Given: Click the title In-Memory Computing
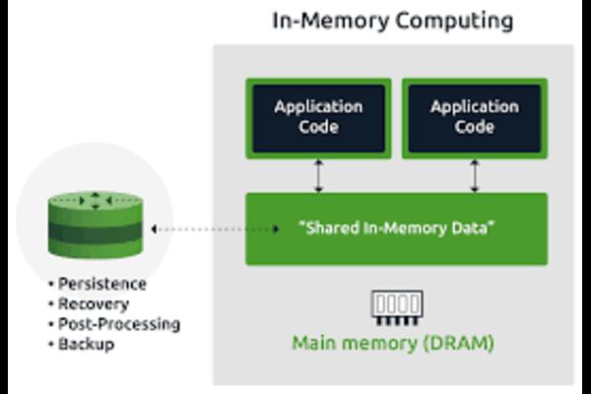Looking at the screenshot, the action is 393,21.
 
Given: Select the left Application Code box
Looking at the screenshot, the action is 318,118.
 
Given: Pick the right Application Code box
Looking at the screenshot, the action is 475,118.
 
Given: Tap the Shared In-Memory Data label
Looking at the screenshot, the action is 396,229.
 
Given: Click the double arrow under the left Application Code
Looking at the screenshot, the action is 319,175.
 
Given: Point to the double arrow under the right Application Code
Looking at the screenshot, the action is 475,175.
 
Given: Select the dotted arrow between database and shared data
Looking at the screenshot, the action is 215,229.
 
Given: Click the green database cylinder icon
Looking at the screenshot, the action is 96,226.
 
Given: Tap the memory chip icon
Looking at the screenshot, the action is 397,308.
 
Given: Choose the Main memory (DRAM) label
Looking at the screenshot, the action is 393,343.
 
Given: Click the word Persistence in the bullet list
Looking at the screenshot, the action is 102,284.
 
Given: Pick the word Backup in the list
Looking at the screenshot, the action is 86,344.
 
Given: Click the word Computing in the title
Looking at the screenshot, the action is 454,22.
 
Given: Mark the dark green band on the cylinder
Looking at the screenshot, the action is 96,231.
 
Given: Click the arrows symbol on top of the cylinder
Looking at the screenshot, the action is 96,201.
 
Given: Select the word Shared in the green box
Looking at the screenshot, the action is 327,229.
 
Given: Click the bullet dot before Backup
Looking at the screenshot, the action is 51,344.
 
